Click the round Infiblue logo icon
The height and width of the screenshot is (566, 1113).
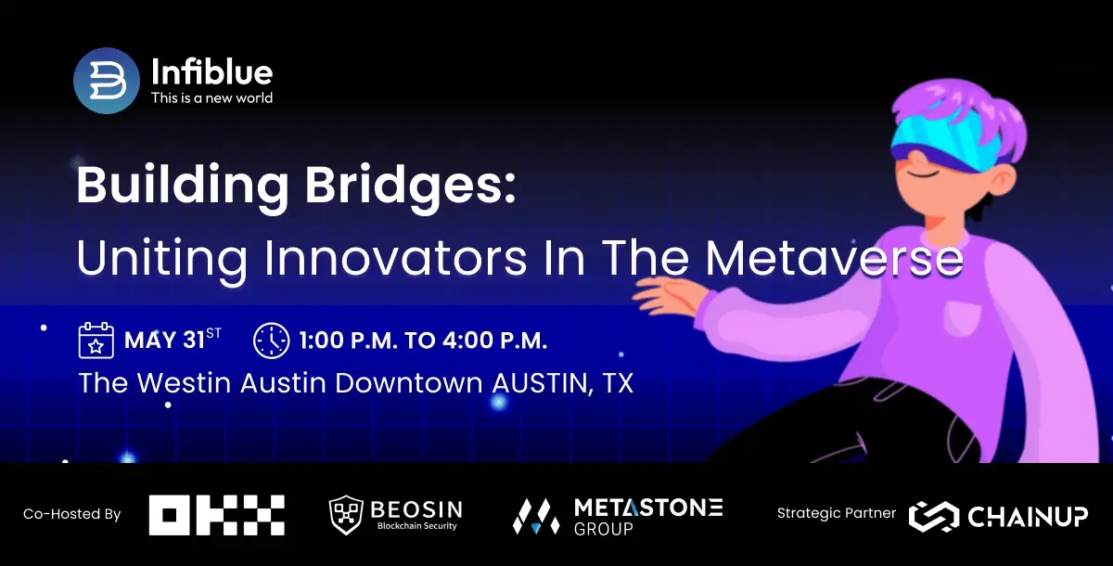pyautogui.click(x=107, y=80)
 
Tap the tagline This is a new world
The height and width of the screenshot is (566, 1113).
pyautogui.click(x=211, y=97)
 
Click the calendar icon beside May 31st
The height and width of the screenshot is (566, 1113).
pyautogui.click(x=96, y=341)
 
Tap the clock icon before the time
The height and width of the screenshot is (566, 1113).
pyautogui.click(x=271, y=341)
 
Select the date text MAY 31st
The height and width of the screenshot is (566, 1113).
pyautogui.click(x=173, y=341)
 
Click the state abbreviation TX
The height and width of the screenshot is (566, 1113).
pyautogui.click(x=617, y=383)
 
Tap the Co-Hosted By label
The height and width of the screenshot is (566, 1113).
pyautogui.click(x=72, y=514)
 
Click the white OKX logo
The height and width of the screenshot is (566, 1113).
pyautogui.click(x=217, y=515)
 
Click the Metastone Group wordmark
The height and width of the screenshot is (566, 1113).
pyautogui.click(x=647, y=515)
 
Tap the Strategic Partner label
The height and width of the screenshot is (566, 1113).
pyautogui.click(x=837, y=513)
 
